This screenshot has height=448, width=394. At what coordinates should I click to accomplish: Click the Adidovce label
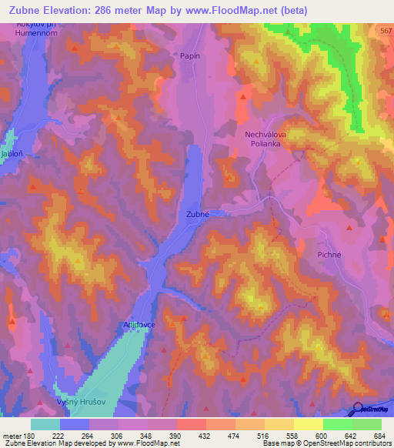[139, 326]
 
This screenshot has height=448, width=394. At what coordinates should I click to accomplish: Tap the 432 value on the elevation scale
[205, 436]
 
